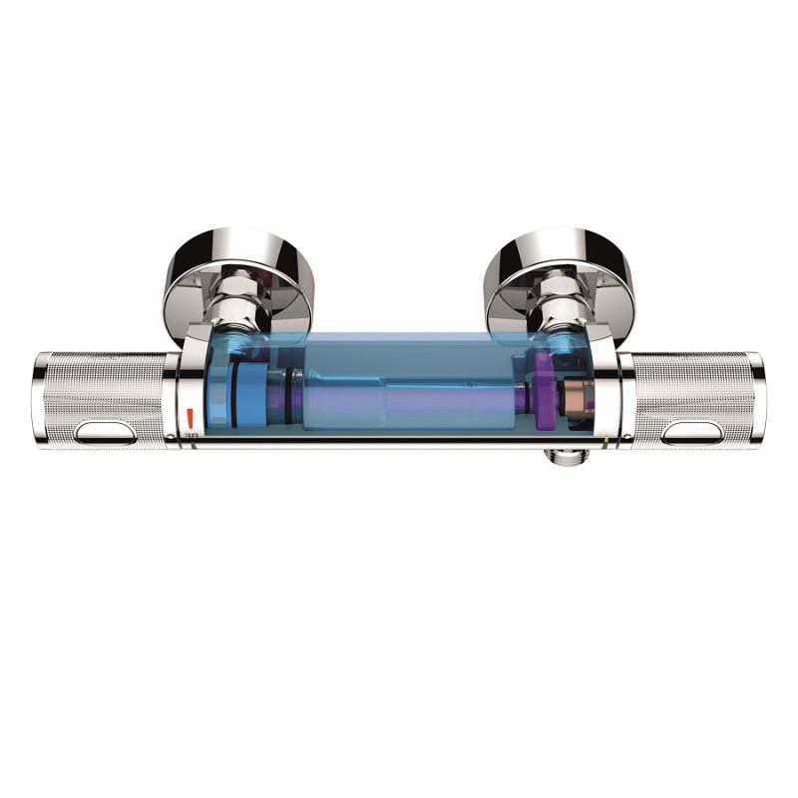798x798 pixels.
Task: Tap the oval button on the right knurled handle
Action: [691, 433]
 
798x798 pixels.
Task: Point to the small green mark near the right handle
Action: [607, 432]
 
